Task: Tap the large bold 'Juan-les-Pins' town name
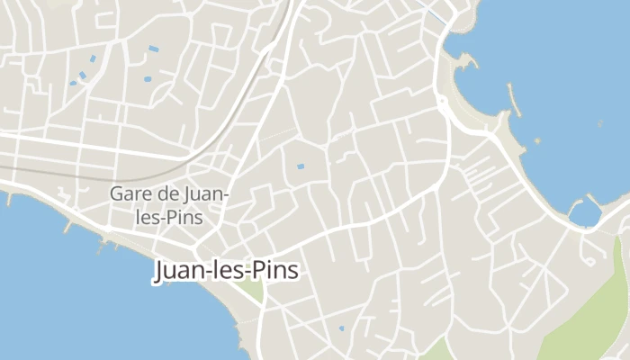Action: tap(226, 271)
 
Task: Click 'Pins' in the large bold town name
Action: tap(276, 271)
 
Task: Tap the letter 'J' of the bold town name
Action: tap(161, 271)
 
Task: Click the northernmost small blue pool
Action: tap(153, 48)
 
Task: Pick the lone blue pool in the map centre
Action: tap(301, 166)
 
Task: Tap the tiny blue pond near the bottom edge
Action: tap(340, 328)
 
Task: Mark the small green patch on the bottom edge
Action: tap(437, 351)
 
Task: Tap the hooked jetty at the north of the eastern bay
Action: tap(467, 61)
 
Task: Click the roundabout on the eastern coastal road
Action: tap(444, 106)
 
